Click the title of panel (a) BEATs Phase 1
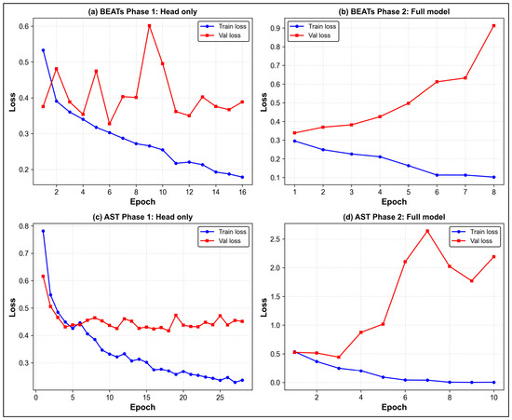click(x=142, y=12)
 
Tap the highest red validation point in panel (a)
click(x=149, y=25)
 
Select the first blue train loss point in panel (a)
click(x=43, y=50)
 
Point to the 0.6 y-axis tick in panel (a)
click(x=23, y=26)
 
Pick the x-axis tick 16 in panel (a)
click(x=242, y=192)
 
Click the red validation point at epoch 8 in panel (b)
click(x=493, y=25)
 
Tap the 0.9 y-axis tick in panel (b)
click(x=276, y=28)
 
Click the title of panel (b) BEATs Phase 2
click(x=394, y=12)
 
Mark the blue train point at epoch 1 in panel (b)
click(x=294, y=142)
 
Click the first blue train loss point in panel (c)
click(x=43, y=231)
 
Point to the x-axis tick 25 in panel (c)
click(x=220, y=398)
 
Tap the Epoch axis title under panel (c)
click(x=142, y=407)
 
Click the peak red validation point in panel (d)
click(x=427, y=231)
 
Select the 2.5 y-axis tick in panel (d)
click(x=276, y=239)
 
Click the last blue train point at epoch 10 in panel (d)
click(x=493, y=382)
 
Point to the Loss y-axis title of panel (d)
click(x=263, y=307)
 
